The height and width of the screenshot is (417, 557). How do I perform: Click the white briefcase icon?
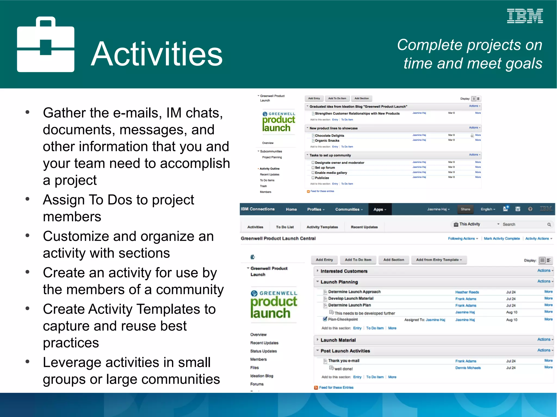[x=45, y=45]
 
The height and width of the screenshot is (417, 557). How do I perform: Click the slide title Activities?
[x=157, y=54]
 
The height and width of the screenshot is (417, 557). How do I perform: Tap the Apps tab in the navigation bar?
[x=380, y=209]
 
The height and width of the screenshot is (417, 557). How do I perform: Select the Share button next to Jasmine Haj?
[x=465, y=209]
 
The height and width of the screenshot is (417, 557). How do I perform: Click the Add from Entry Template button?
[x=439, y=260]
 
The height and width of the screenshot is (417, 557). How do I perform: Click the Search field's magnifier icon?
[x=549, y=224]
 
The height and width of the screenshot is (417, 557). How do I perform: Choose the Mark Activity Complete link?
[x=502, y=239]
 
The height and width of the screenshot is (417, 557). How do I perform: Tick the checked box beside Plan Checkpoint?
[x=325, y=319]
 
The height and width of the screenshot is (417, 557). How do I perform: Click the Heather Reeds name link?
[x=467, y=292]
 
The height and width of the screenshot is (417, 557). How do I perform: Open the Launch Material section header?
[x=338, y=340]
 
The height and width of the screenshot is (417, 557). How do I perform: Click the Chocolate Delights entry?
[x=329, y=136]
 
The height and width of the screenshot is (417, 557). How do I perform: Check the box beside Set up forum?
[x=313, y=168]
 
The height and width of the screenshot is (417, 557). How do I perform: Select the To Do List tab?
[x=285, y=227]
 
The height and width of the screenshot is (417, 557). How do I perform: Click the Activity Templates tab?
[x=322, y=227]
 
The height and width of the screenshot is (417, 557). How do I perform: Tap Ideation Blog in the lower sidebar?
[x=262, y=376]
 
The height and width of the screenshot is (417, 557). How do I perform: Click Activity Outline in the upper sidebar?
[x=269, y=169]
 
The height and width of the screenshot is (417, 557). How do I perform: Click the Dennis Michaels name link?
[x=468, y=368]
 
